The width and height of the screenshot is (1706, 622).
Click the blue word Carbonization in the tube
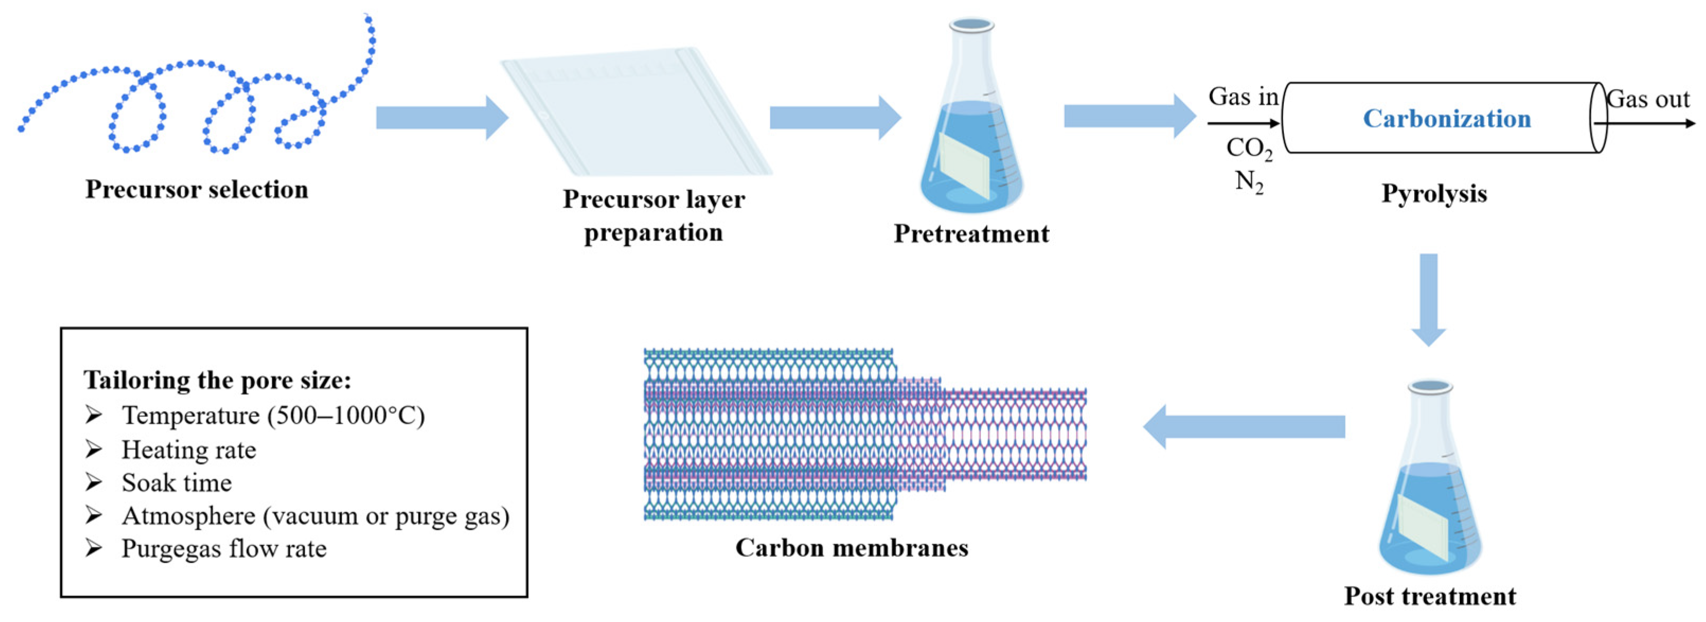click(1446, 119)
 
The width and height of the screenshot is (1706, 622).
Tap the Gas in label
click(1243, 97)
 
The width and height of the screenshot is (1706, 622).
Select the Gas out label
click(1648, 100)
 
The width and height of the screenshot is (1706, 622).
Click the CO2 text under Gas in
click(1248, 148)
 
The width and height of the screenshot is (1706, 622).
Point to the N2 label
click(1249, 181)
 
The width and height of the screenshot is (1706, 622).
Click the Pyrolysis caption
click(1434, 193)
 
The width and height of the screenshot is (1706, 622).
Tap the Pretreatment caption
click(971, 234)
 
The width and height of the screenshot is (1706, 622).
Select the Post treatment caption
click(1429, 596)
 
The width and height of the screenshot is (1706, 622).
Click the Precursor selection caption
click(196, 190)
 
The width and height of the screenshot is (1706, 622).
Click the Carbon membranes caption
click(852, 548)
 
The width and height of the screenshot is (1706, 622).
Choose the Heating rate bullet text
click(189, 450)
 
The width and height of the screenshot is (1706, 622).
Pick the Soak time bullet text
click(177, 483)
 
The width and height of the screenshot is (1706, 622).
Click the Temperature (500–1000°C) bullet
click(273, 415)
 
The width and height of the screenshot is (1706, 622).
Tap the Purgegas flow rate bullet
click(224, 548)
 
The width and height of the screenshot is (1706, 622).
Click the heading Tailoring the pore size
click(217, 380)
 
